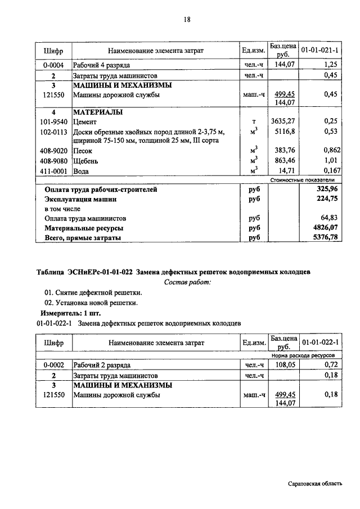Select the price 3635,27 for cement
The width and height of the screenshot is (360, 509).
[x=282, y=121]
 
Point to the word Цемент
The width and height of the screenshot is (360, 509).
[x=85, y=121]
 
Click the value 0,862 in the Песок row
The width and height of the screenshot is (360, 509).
[x=327, y=151]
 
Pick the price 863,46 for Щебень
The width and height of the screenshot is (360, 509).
[x=283, y=160]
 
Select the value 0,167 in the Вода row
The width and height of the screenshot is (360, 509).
[x=327, y=170]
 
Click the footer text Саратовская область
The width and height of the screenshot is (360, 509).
[x=314, y=484]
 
